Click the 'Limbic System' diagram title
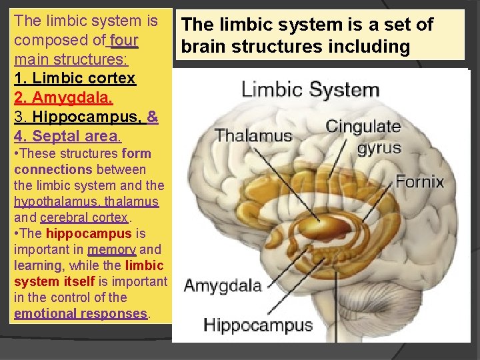point(310,89)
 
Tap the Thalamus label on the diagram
point(253,136)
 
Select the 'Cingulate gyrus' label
point(363,136)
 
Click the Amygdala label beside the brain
point(223,286)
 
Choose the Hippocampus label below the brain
point(258,325)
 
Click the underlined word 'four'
point(123,40)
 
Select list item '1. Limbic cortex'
point(75,79)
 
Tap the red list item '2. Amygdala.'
point(63,98)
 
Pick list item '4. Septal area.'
point(67,137)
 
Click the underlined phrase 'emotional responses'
point(80,313)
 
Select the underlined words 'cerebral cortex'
point(83,217)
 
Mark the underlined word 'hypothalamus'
point(50,201)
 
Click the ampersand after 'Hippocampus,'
point(152,117)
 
